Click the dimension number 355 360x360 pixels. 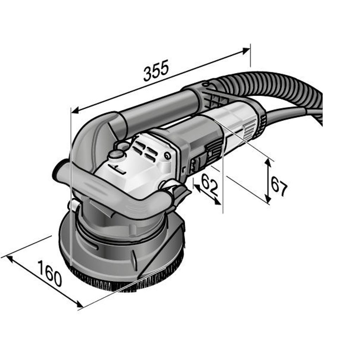click(156, 71)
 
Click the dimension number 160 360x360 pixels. click(49, 273)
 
